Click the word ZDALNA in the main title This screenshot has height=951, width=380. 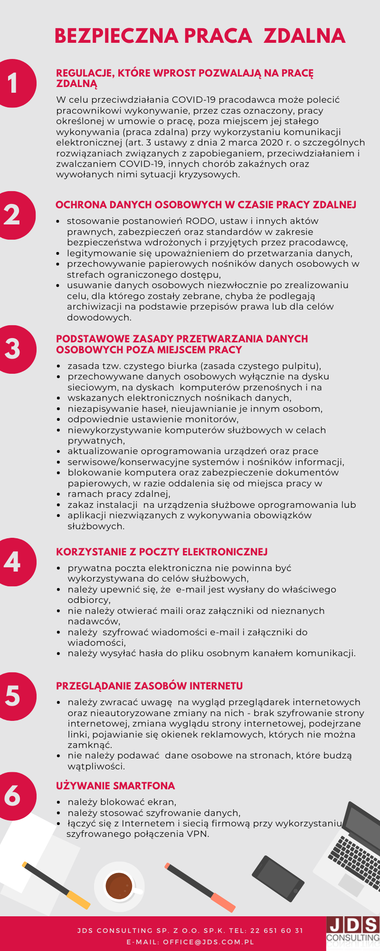click(x=304, y=36)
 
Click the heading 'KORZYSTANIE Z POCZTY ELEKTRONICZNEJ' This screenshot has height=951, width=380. click(x=161, y=552)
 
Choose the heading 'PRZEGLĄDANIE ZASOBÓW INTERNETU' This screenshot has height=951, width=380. click(x=149, y=686)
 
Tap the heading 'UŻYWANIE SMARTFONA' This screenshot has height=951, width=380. click(x=115, y=786)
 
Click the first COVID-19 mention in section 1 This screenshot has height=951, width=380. click(x=193, y=100)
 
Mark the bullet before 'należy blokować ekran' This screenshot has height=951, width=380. click(x=58, y=802)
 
